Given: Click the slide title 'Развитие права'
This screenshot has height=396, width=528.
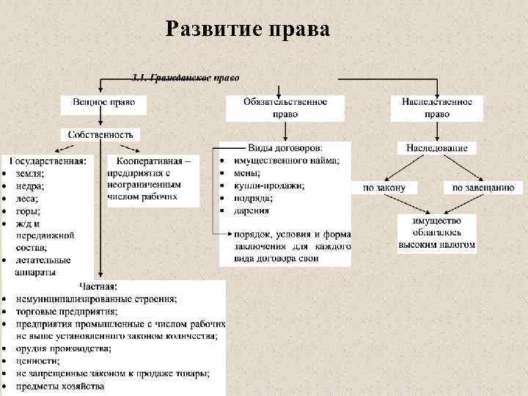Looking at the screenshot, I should pyautogui.click(x=248, y=29).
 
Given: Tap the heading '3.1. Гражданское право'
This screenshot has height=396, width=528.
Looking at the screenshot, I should pyautogui.click(x=185, y=78).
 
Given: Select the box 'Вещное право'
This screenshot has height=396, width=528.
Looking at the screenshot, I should pyautogui.click(x=103, y=105).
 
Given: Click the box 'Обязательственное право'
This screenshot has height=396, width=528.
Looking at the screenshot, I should pyautogui.click(x=285, y=108).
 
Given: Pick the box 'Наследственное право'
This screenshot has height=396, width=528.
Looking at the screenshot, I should pyautogui.click(x=436, y=108).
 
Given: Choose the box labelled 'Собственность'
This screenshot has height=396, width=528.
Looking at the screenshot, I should pyautogui.click(x=100, y=135).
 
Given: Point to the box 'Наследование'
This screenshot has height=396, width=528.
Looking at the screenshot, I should pyautogui.click(x=436, y=148).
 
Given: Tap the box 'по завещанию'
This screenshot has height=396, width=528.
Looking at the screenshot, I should pyautogui.click(x=483, y=188).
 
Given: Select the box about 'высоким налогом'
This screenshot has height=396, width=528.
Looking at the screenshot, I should pyautogui.click(x=437, y=233).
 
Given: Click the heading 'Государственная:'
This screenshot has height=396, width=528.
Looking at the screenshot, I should pyautogui.click(x=48, y=160).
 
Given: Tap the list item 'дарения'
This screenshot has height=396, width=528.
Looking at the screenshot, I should pyautogui.click(x=252, y=210).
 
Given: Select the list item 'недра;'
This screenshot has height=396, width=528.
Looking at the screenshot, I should pyautogui.click(x=29, y=186).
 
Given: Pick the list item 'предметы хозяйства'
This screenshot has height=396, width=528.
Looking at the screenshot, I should pyautogui.click(x=60, y=386).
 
